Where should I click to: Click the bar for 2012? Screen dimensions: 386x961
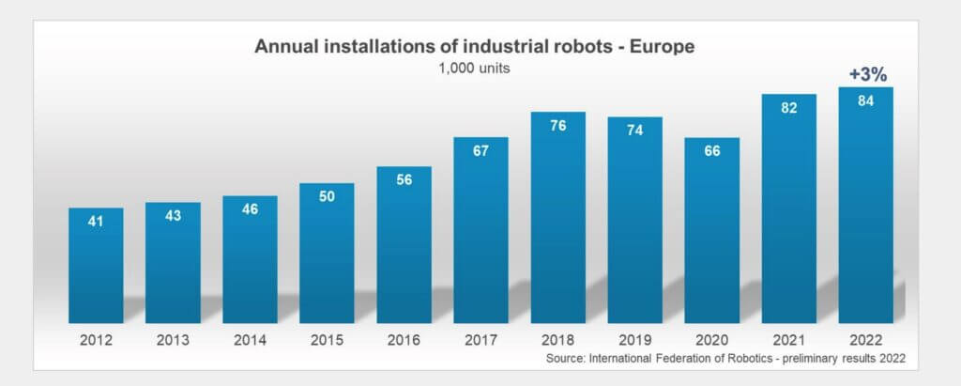pos(96,266)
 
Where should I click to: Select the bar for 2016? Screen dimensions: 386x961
pos(404,246)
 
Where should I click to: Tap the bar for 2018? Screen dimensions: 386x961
pos(558,219)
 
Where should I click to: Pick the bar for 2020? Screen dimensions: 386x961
pos(712,231)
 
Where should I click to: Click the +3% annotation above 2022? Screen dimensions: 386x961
pos(865,72)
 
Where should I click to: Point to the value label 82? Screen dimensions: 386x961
pos(788,109)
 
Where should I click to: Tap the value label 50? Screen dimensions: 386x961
pos(328,198)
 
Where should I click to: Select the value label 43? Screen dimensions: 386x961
pos(173,217)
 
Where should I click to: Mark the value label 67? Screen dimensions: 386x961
pos(481,152)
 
